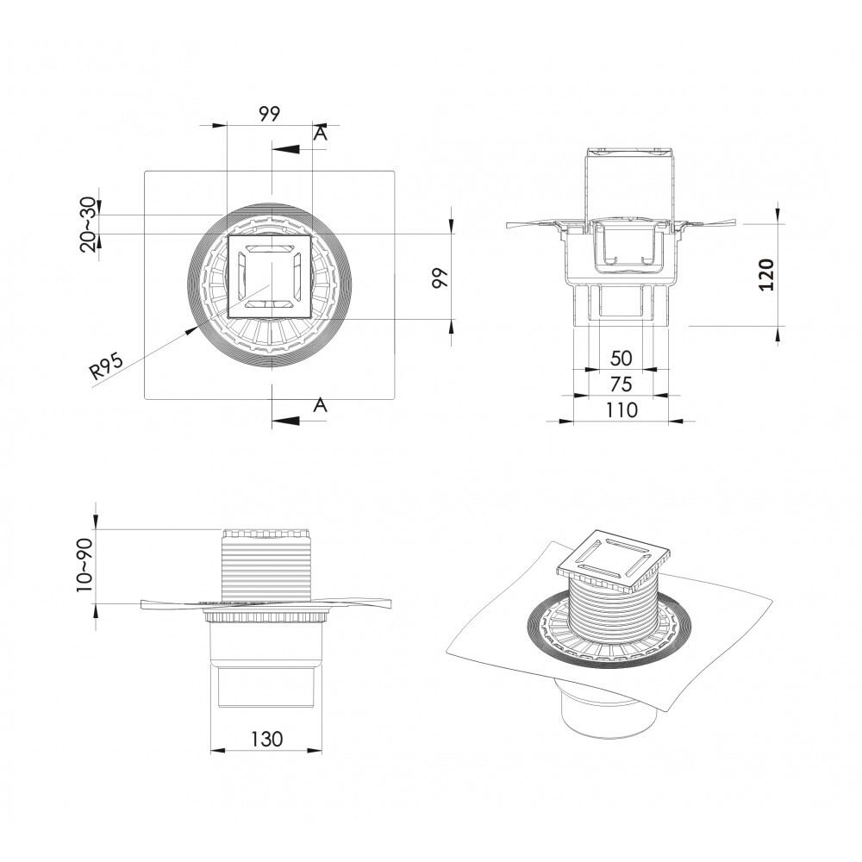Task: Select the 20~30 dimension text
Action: [89, 224]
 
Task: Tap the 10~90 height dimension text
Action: [85, 565]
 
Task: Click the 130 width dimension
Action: [266, 739]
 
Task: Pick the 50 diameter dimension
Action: [621, 359]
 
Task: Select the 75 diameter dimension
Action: [621, 384]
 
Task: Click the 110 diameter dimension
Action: [621, 409]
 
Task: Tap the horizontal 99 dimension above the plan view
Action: [269, 114]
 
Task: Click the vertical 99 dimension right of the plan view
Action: [440, 278]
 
